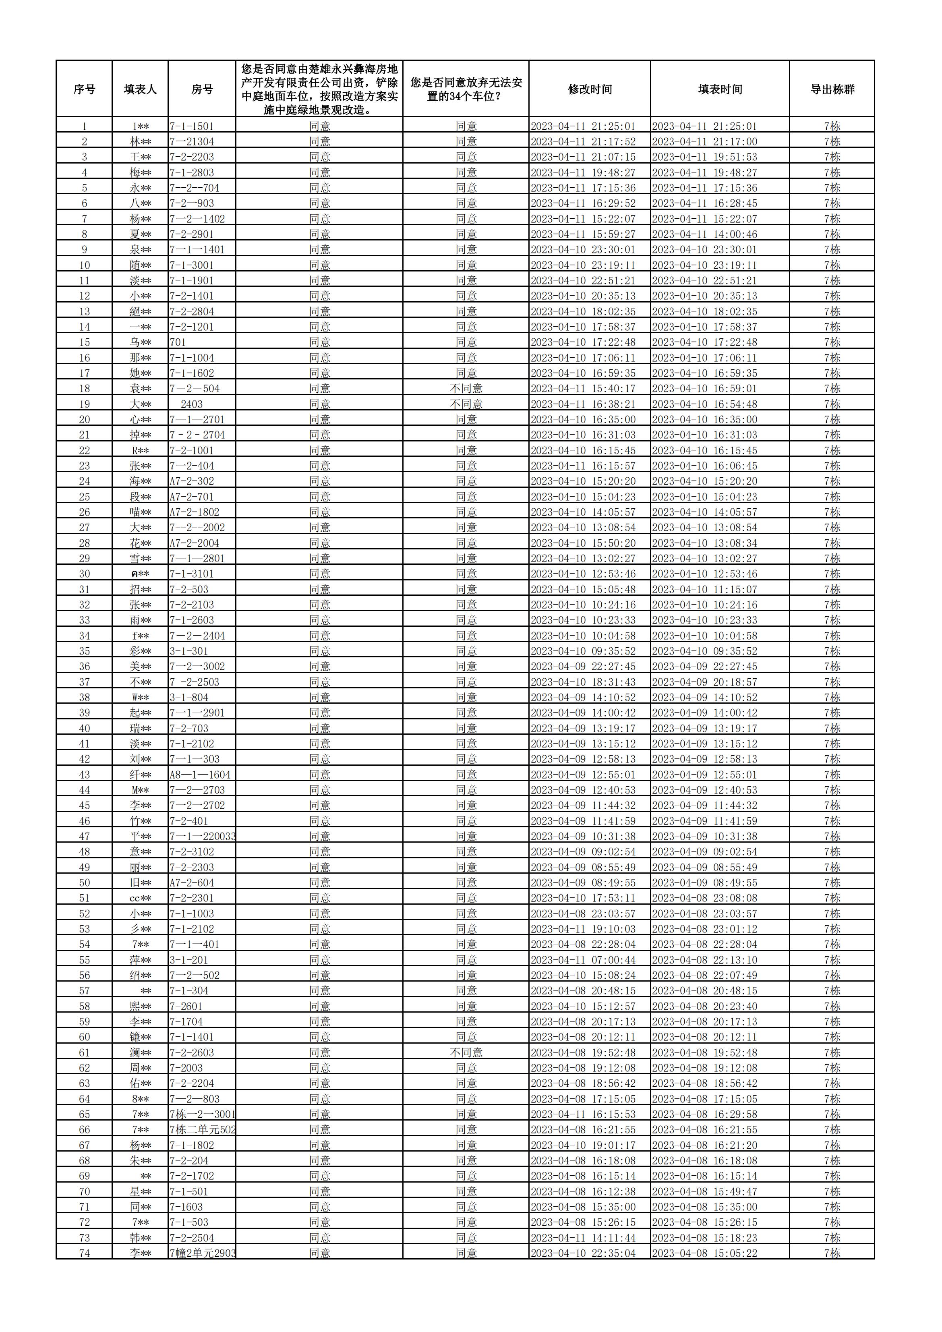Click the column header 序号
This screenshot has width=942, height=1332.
click(84, 89)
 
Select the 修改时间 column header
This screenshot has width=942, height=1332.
click(589, 89)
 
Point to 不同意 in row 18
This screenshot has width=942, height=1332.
click(466, 389)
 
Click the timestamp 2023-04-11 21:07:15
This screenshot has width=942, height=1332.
click(583, 157)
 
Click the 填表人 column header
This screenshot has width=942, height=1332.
click(141, 89)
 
